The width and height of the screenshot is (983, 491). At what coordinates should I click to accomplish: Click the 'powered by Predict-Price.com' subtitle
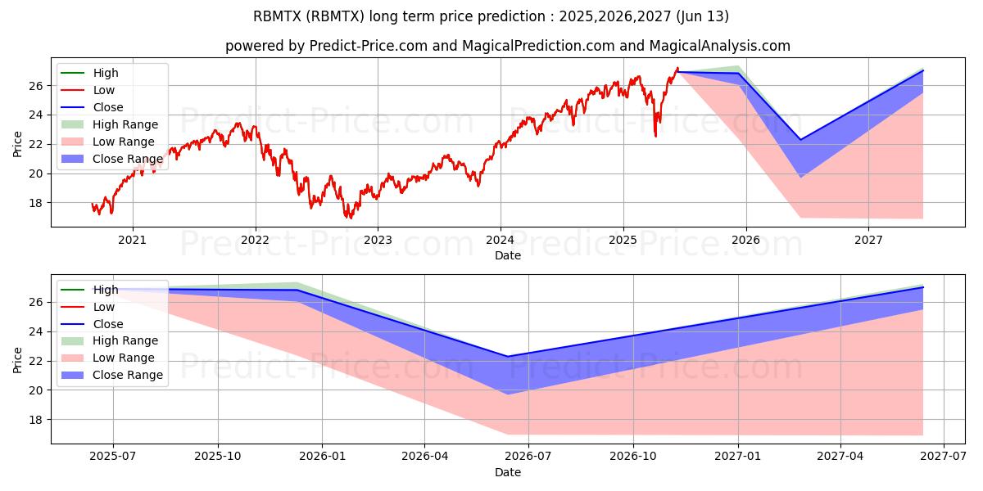[508, 46]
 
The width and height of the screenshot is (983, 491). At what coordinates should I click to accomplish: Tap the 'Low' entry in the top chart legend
[104, 90]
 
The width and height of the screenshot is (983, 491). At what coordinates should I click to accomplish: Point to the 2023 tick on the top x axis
[378, 241]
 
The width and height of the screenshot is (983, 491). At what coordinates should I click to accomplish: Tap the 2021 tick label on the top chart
[133, 241]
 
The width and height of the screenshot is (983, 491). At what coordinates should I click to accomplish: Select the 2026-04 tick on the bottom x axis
[425, 457]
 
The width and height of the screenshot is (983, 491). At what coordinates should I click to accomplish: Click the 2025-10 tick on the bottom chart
[218, 457]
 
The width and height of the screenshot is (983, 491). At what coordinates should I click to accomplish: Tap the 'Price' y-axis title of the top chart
[18, 144]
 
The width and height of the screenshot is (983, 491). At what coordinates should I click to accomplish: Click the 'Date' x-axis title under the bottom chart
[508, 472]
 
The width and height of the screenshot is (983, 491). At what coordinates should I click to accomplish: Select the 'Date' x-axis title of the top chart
[508, 255]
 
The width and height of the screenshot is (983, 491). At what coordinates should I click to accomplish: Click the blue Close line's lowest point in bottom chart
[508, 357]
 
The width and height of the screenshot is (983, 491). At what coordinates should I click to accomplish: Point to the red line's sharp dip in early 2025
[655, 136]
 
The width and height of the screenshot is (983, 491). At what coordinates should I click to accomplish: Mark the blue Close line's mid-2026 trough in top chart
[801, 140]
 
